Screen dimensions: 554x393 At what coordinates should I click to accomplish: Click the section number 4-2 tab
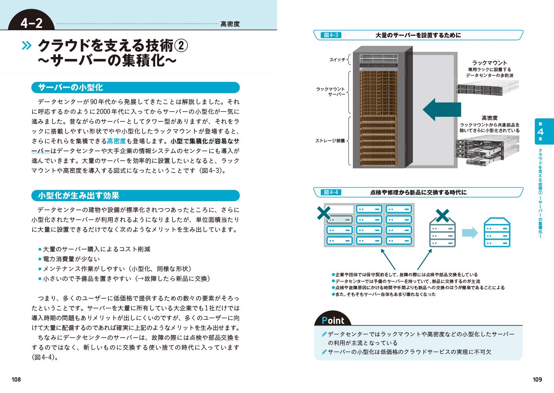click(31, 23)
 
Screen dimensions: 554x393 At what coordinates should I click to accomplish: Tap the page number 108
click(16, 379)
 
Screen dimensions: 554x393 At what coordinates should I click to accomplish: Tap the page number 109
click(537, 379)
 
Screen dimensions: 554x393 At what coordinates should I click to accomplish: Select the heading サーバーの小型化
click(70, 87)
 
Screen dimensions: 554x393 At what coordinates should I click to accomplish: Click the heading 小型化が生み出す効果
click(78, 195)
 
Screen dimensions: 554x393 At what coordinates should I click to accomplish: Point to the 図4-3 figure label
click(331, 35)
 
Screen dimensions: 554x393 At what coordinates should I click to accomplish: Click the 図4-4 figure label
click(331, 192)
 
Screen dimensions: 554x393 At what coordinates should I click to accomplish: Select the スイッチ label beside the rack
click(337, 60)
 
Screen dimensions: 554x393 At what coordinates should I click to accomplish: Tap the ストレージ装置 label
click(330, 141)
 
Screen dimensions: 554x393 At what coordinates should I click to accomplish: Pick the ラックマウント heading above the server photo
click(489, 62)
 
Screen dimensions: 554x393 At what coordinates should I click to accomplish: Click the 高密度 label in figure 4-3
click(489, 118)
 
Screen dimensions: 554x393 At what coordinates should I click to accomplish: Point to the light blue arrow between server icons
click(470, 233)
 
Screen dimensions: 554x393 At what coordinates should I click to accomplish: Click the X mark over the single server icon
click(442, 215)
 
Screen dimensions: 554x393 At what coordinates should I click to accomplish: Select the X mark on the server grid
click(324, 213)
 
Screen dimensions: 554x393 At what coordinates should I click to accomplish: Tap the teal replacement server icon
click(497, 232)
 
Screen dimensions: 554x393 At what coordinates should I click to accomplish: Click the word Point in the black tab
click(333, 320)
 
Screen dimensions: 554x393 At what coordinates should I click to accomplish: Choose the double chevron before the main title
click(26, 46)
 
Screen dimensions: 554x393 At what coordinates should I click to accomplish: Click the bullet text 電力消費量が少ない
click(71, 259)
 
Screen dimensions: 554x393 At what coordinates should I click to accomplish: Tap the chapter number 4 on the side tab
click(540, 132)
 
